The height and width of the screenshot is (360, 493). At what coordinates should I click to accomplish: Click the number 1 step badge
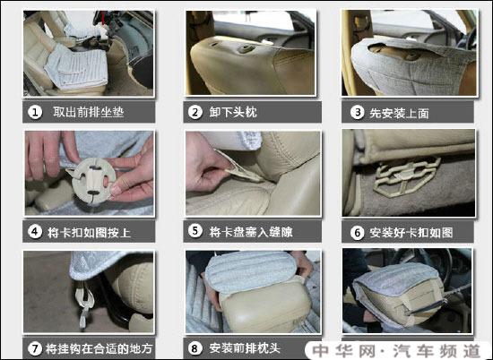(x=36, y=113)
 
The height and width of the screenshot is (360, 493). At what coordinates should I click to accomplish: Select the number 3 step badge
(x=357, y=113)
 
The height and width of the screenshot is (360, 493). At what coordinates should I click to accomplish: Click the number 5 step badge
(x=195, y=231)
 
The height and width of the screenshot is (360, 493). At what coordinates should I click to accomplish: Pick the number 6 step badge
(x=357, y=231)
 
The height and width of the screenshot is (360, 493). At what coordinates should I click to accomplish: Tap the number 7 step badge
(x=34, y=347)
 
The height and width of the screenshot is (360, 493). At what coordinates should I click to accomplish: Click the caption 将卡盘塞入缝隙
(x=251, y=231)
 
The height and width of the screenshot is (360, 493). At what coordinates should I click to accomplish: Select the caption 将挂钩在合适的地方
(x=99, y=347)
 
